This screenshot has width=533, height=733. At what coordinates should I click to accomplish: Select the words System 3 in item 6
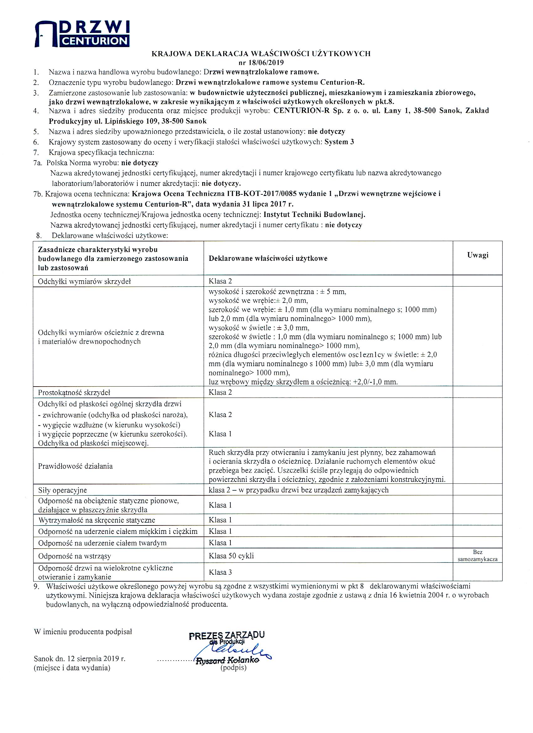click(x=339, y=142)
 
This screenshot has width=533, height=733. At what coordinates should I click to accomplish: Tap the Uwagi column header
click(x=478, y=255)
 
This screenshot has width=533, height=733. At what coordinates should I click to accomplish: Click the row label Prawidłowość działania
click(x=75, y=466)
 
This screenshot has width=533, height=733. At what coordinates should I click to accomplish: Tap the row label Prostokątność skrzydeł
click(x=74, y=393)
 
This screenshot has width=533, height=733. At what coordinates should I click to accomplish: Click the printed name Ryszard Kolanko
click(x=228, y=661)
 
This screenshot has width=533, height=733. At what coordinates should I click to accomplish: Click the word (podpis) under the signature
click(x=233, y=667)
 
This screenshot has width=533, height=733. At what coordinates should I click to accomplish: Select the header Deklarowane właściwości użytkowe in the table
click(x=268, y=258)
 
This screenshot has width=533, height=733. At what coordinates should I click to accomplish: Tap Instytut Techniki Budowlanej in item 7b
click(x=314, y=214)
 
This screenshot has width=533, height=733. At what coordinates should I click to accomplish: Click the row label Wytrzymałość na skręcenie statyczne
click(x=97, y=520)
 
